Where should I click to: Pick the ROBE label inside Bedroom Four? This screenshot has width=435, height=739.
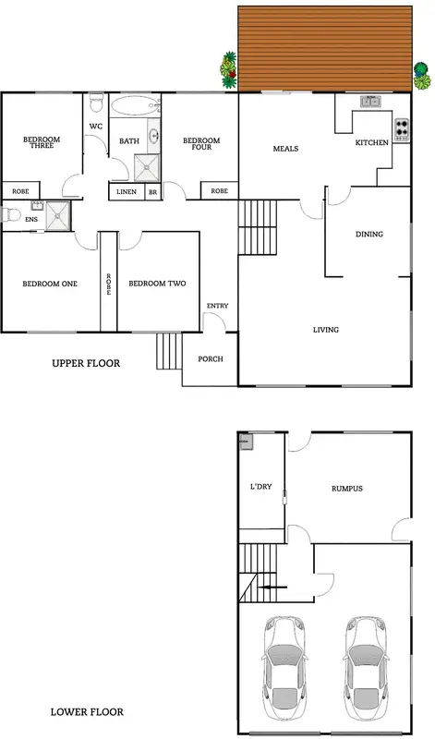pos(219,191)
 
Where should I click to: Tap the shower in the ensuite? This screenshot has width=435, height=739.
pos(57,213)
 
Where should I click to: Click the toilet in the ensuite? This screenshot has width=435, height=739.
pos(10,214)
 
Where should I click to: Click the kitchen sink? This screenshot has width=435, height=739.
pos(370,101)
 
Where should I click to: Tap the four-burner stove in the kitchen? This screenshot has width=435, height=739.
pos(402,129)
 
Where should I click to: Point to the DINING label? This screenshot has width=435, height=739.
pos(369,234)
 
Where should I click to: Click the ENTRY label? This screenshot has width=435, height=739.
pos(217,306)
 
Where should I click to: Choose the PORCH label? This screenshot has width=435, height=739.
pos(211,358)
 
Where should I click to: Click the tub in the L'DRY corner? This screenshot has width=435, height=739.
pos(246,442)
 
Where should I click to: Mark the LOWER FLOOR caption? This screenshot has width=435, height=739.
pos(87,713)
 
